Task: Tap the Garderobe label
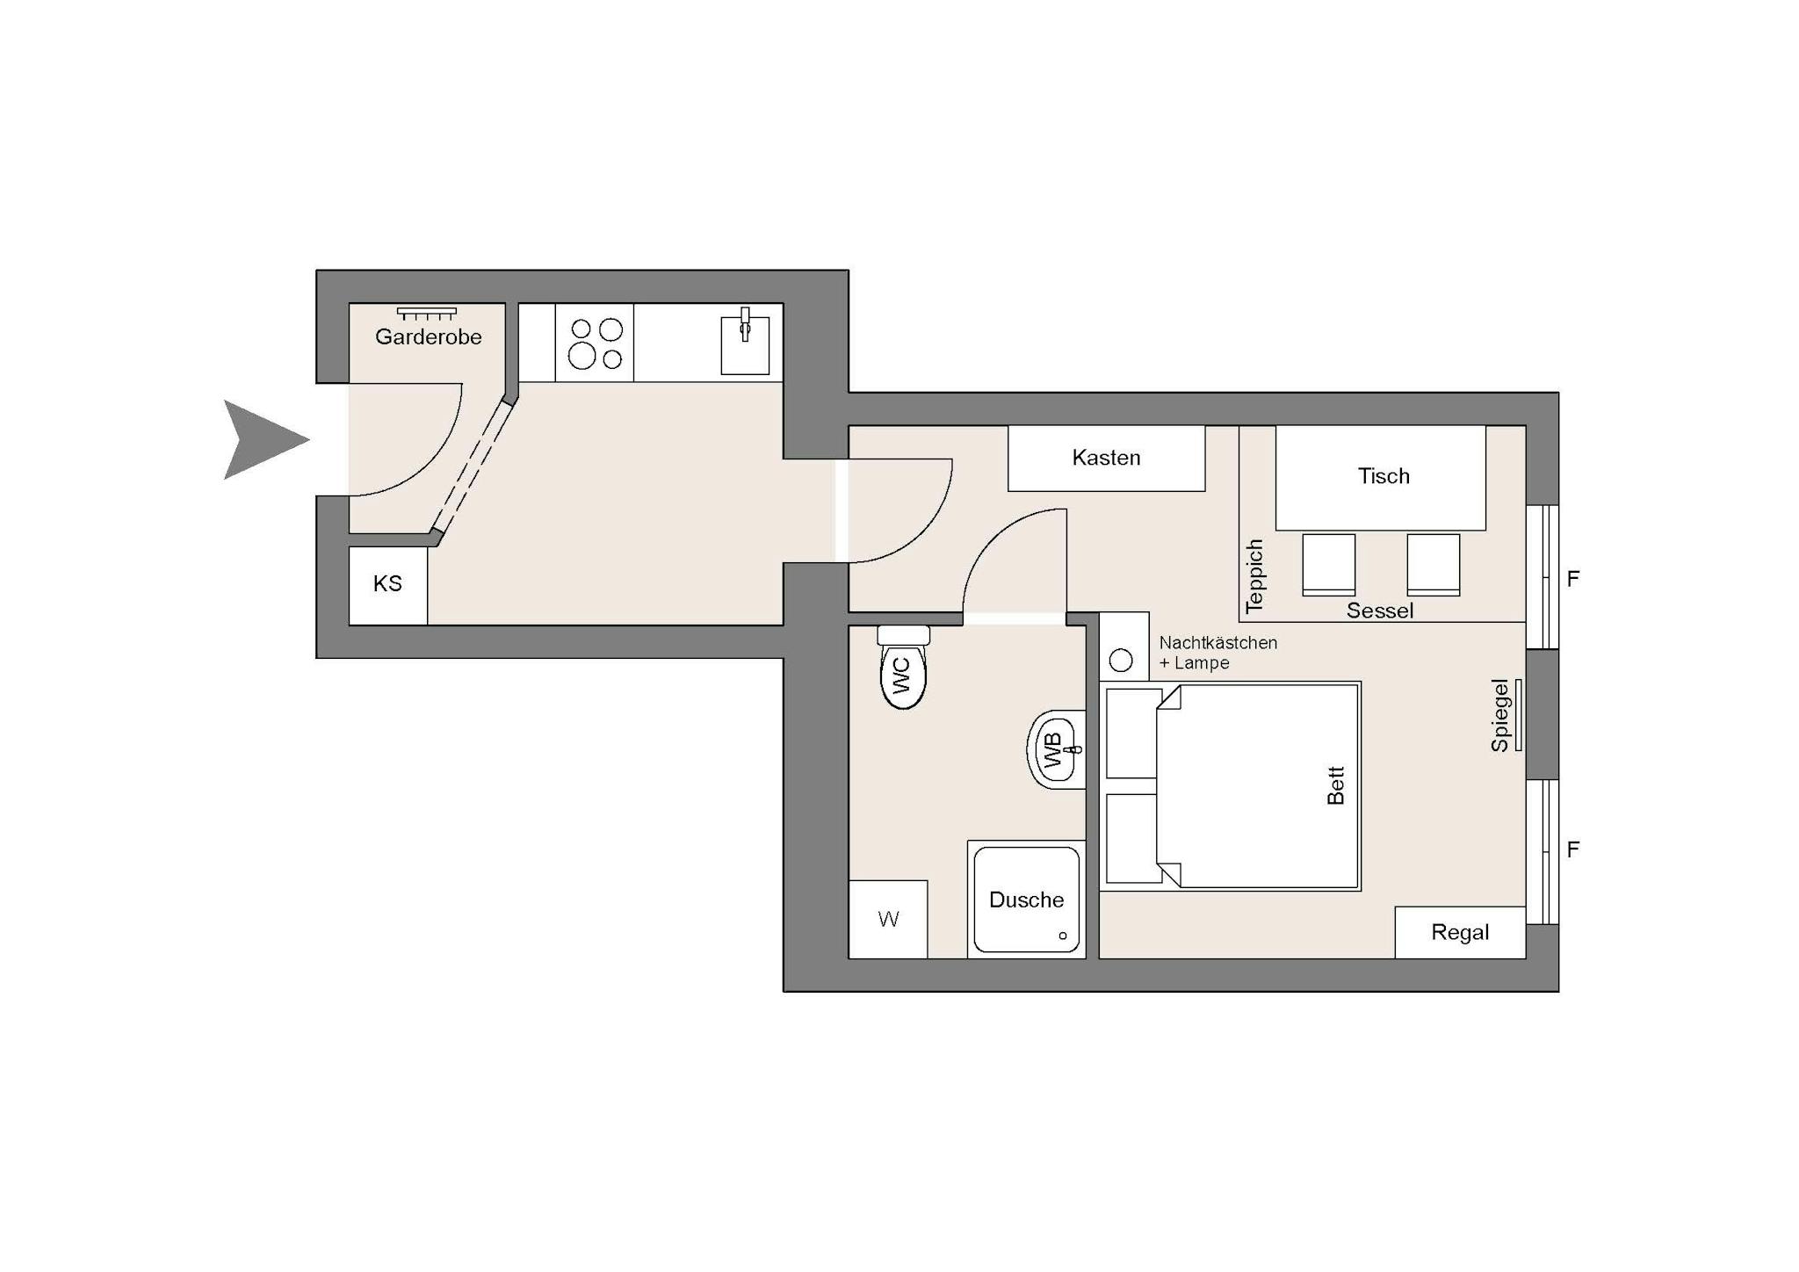[429, 336]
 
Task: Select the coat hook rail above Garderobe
[427, 313]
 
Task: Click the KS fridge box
[388, 586]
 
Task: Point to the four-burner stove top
[595, 343]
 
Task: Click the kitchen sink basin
[745, 345]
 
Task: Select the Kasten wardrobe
[1106, 458]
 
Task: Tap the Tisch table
[1381, 478]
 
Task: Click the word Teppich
[1254, 576]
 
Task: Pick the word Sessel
[1380, 611]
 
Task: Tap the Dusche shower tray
[1027, 900]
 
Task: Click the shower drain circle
[1063, 936]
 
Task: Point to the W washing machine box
[888, 919]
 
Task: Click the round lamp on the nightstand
[1121, 661]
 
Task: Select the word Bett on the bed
[1336, 786]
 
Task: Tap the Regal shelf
[1460, 932]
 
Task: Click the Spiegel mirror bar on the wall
[1519, 715]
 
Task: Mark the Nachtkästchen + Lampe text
[1218, 653]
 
